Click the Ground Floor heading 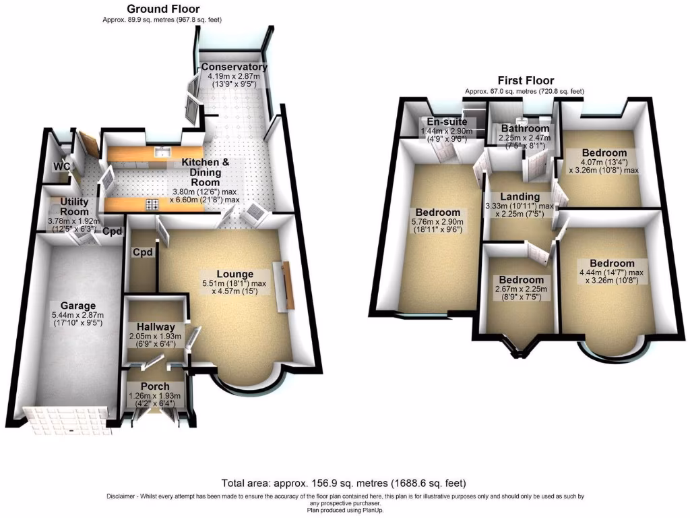point(163,9)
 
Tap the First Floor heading point(526,81)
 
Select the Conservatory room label point(234,67)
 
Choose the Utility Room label point(75,206)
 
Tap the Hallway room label point(156,326)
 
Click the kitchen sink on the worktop point(161,151)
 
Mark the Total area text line point(344,484)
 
